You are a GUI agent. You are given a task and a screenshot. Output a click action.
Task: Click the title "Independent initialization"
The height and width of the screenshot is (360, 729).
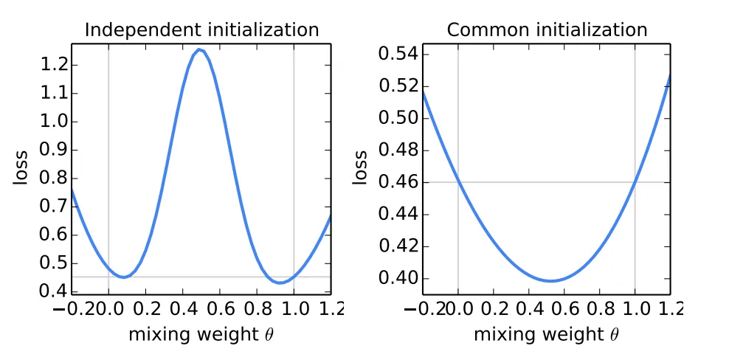click(201, 30)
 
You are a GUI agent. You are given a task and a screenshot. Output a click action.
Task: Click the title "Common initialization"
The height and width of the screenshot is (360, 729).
click(547, 30)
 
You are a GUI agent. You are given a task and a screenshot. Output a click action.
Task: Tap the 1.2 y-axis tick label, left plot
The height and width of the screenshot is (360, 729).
click(53, 65)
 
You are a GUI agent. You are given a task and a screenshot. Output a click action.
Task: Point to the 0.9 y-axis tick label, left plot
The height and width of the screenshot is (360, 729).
click(53, 150)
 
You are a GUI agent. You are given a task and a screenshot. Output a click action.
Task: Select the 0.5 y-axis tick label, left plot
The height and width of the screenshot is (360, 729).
click(53, 263)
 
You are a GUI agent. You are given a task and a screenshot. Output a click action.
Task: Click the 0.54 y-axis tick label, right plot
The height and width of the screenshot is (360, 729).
click(398, 54)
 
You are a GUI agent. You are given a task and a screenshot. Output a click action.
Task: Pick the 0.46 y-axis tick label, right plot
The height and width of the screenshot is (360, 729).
click(398, 182)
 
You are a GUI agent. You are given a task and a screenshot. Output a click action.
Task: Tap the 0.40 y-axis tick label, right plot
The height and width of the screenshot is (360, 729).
click(398, 279)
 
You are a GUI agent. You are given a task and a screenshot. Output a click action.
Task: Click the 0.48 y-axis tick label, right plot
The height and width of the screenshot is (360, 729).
click(398, 150)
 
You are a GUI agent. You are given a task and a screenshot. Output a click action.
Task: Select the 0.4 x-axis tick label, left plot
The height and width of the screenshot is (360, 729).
click(183, 309)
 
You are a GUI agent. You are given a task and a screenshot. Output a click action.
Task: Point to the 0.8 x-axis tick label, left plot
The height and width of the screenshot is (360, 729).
click(257, 309)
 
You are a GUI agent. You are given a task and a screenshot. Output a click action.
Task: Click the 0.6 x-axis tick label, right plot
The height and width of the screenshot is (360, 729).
click(564, 309)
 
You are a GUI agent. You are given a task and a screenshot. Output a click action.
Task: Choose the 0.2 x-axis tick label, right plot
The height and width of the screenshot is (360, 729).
click(494, 309)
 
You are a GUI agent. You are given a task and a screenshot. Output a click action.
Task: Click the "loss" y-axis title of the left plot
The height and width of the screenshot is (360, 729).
click(19, 168)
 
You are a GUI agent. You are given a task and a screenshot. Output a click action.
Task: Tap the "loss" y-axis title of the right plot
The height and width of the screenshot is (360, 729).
click(359, 168)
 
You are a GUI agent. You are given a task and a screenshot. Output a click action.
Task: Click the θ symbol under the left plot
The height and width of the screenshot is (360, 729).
click(266, 335)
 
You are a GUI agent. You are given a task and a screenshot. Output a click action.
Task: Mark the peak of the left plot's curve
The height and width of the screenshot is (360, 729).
click(199, 49)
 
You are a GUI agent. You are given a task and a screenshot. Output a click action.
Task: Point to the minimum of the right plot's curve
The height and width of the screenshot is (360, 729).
click(551, 280)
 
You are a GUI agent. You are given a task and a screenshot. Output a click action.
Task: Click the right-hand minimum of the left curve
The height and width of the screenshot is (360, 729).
click(280, 283)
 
